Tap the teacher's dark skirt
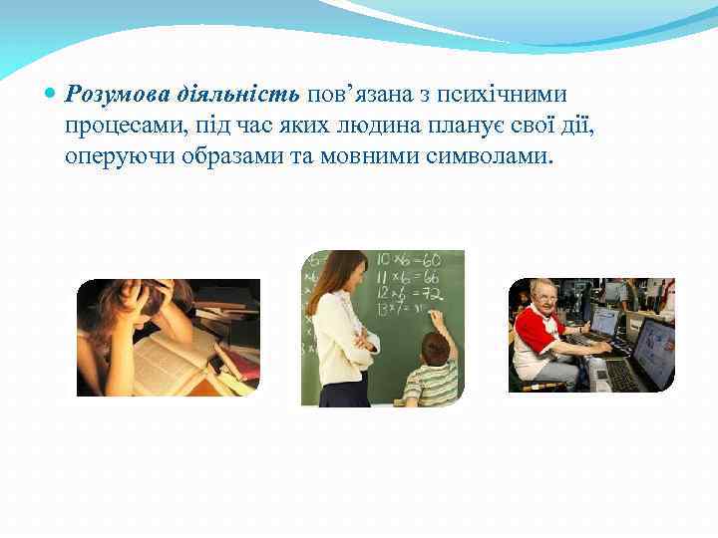344,390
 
